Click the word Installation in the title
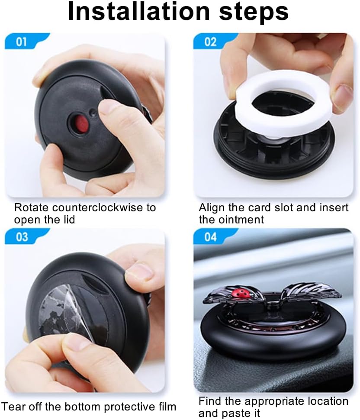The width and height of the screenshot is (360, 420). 138,11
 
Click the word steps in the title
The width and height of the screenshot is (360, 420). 254,13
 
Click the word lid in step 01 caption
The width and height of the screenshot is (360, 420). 69,220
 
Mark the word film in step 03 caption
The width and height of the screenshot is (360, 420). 166,407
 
